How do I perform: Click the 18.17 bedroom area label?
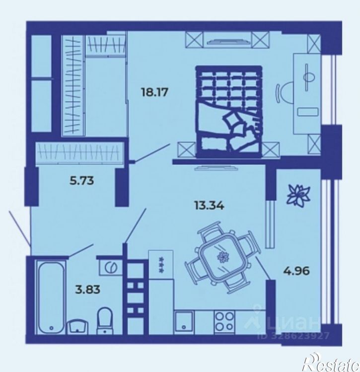pyautogui.click(x=154, y=92)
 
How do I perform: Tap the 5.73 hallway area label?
pyautogui.click(x=81, y=181)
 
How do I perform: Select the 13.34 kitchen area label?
pyautogui.click(x=209, y=206)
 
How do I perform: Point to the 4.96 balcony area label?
pyautogui.click(x=296, y=271)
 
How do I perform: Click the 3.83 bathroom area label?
pyautogui.click(x=87, y=290)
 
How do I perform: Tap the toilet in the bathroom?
pyautogui.click(x=105, y=320)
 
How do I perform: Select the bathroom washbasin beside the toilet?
pyautogui.click(x=78, y=326)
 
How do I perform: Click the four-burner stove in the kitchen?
pyautogui.click(x=224, y=321)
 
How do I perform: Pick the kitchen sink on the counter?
pyautogui.click(x=184, y=321)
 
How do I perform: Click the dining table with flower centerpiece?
pyautogui.click(x=222, y=258)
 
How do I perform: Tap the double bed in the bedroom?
pyautogui.click(x=229, y=112)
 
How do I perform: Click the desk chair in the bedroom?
pyautogui.click(x=285, y=93)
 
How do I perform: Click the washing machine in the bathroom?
pyautogui.click(x=111, y=267)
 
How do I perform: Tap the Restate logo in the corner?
pyautogui.click(x=332, y=363)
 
